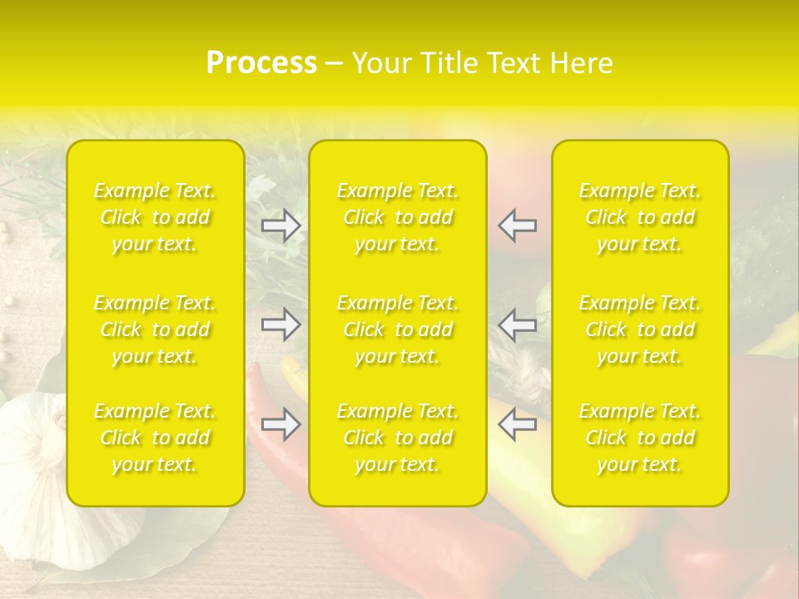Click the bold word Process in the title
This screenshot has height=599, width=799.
coord(261,63)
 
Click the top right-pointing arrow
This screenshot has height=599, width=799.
coord(280,225)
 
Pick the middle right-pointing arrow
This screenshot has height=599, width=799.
coord(280,324)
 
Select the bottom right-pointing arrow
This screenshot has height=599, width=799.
coord(280,424)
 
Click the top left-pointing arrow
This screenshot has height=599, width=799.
coord(518,225)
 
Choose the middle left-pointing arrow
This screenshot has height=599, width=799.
coord(518,324)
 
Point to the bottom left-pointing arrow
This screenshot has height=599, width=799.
coord(518,424)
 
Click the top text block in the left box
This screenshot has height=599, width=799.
coord(155,217)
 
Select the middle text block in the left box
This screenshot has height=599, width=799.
coord(155,329)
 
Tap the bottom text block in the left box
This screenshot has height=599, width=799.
coord(155,438)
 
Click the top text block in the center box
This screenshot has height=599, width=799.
coord(398,217)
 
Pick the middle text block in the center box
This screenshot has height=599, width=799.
coord(398,329)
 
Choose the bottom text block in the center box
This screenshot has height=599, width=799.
coord(398,438)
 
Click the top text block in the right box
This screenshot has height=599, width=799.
coord(640,217)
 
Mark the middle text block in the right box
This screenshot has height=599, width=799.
coord(640,329)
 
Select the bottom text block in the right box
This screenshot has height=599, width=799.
coord(640,438)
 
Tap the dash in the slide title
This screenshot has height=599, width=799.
coord(335,64)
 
